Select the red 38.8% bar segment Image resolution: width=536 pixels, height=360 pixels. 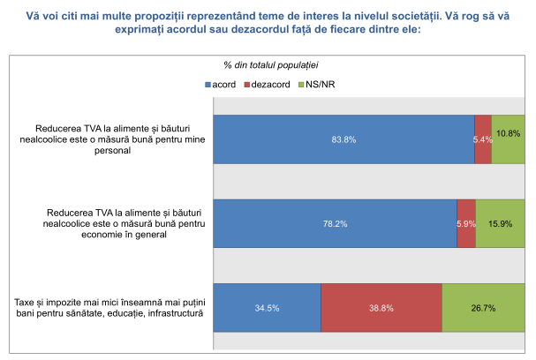pyautogui.click(x=381, y=308)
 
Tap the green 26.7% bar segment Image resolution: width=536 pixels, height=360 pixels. pyautogui.click(x=483, y=308)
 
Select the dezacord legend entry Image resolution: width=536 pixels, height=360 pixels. pyautogui.click(x=268, y=84)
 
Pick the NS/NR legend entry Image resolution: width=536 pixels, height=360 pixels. pyautogui.click(x=318, y=84)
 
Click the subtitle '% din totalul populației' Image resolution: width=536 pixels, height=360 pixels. pyautogui.click(x=270, y=64)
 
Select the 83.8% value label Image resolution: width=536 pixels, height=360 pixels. pyautogui.click(x=344, y=139)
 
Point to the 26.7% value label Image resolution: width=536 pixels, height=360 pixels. pyautogui.click(x=483, y=309)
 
